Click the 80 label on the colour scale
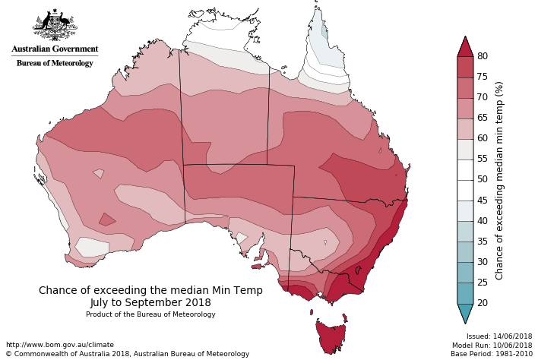(x=481, y=56)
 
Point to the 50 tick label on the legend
(x=481, y=179)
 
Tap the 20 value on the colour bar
(x=481, y=303)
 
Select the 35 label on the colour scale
(x=481, y=242)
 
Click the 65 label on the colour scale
(x=481, y=118)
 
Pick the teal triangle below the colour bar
(x=465, y=312)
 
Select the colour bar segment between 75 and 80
(x=465, y=67)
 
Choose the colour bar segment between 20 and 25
(x=465, y=293)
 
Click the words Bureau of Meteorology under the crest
(x=55, y=63)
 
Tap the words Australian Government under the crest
(x=55, y=49)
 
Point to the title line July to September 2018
(x=150, y=302)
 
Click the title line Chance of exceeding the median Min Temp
(x=150, y=290)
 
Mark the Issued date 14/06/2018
(x=498, y=336)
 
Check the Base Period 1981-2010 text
(x=492, y=354)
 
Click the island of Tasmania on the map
(x=333, y=337)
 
